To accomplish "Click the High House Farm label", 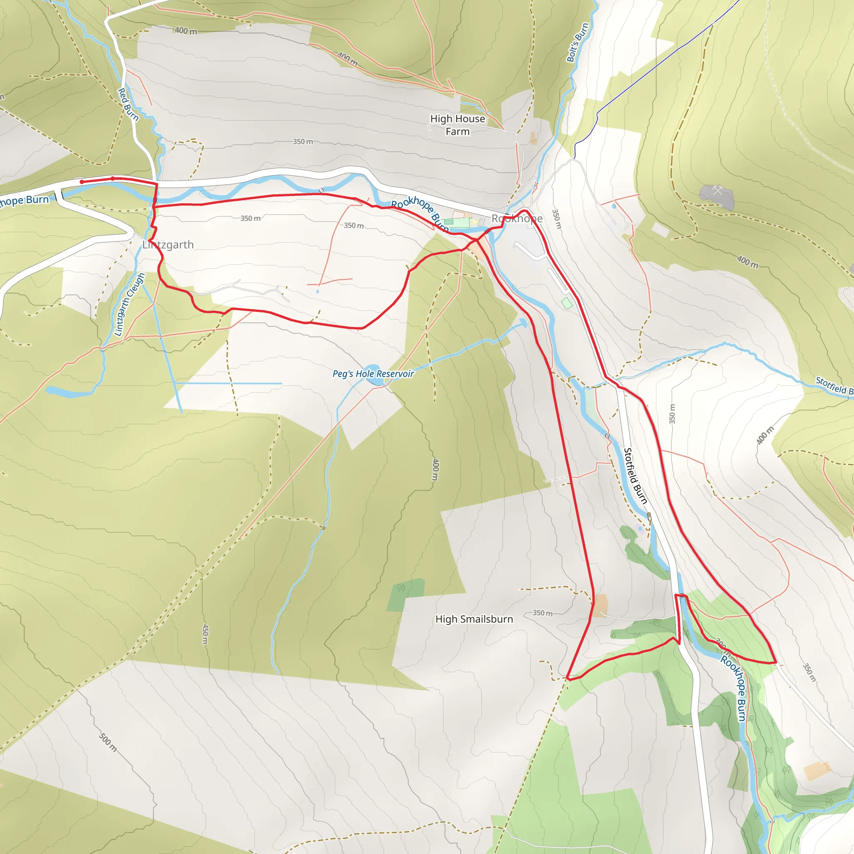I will coord(457,125).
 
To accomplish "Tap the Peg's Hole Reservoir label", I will coord(373,374).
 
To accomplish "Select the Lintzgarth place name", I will coord(168,245).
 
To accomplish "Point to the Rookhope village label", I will coord(517,219).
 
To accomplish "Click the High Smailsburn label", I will coord(474,619).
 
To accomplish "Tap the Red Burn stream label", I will coord(128,104).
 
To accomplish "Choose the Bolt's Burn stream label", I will coord(578,43).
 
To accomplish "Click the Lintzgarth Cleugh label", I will coord(129,304).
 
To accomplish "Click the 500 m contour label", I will coord(108,742).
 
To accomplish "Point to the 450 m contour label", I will coord(206,634).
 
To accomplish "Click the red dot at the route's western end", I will coord(82,182).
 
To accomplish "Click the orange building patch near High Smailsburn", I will coord(600,605).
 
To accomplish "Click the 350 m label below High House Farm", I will coord(302,142).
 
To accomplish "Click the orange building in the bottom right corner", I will coord(817,771).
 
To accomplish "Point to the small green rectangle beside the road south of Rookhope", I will coord(567,303).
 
